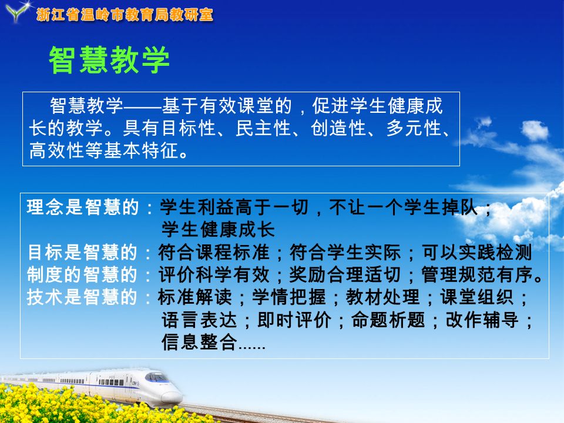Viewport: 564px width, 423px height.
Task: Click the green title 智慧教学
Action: [x=109, y=60]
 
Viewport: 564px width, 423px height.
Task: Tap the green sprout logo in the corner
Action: [x=17, y=11]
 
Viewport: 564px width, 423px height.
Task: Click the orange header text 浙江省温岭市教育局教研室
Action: [x=125, y=15]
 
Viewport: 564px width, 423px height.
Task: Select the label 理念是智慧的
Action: [x=83, y=207]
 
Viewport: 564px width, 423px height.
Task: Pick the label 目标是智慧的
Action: [x=82, y=252]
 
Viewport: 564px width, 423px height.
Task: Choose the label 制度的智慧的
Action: [x=82, y=274]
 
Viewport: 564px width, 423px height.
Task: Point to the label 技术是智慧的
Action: [x=82, y=297]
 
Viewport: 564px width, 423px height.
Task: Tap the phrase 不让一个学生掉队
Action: [x=403, y=207]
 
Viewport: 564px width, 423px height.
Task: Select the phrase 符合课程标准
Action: [x=214, y=252]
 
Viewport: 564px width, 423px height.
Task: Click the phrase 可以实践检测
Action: [x=477, y=252]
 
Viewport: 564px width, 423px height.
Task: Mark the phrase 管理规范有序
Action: [x=477, y=274]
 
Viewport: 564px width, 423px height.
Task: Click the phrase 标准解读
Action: [x=195, y=297]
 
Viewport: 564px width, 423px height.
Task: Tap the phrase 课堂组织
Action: [x=477, y=297]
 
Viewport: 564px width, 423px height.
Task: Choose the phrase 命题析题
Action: [x=388, y=320]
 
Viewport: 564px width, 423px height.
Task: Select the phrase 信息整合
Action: [x=199, y=342]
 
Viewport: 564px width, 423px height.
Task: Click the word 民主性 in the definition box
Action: [x=263, y=127]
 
